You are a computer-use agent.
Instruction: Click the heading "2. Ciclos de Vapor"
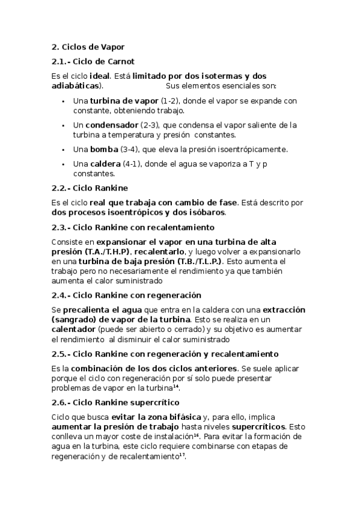pos(88,46)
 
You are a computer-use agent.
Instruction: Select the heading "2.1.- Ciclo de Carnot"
pos(93,61)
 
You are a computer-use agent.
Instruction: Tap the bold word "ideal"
pos(99,76)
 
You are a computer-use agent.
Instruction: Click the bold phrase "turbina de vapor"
pos(124,101)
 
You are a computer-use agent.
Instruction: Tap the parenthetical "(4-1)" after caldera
pos(133,164)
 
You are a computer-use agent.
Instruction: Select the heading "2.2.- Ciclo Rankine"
pos(90,188)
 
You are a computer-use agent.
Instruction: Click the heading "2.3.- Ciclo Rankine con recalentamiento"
pos(132,227)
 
